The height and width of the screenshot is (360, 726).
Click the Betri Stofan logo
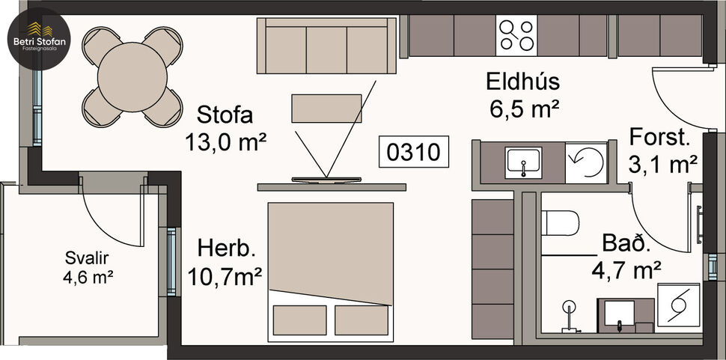(x=37, y=37)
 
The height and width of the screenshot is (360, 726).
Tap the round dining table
(x=132, y=75)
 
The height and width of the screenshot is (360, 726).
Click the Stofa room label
(x=225, y=115)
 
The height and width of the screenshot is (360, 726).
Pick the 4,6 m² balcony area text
(x=88, y=277)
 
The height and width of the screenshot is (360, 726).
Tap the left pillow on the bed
(x=299, y=319)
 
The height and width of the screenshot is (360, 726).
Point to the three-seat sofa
(x=326, y=45)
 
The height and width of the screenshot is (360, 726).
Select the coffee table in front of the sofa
(x=326, y=109)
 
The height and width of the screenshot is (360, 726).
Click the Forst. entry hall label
(x=659, y=138)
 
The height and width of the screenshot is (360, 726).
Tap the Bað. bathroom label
(x=626, y=244)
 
